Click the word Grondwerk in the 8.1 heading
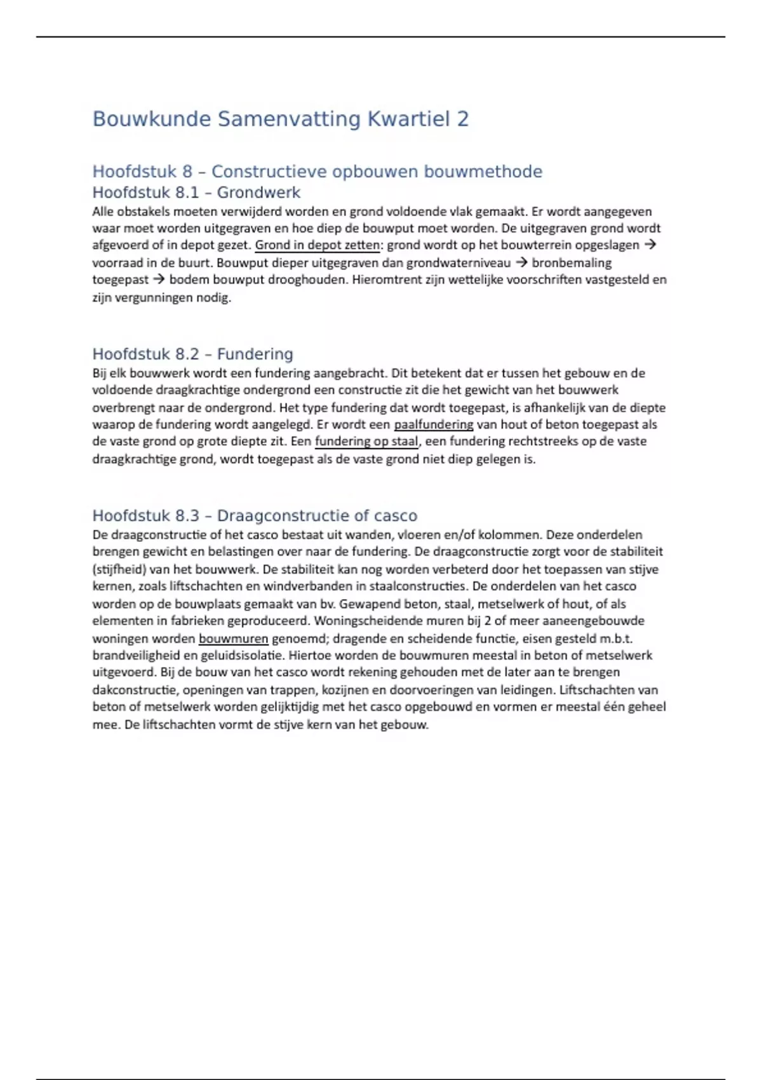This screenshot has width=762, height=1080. (x=258, y=192)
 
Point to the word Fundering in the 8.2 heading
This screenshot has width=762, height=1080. (x=255, y=354)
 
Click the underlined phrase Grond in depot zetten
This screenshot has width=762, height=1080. (x=317, y=245)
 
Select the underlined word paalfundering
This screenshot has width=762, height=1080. (x=434, y=424)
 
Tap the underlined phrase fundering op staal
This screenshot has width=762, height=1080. (x=366, y=442)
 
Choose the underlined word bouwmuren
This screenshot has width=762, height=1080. (x=234, y=638)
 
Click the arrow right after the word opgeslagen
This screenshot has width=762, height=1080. (x=650, y=245)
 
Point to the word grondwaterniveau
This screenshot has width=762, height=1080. (x=458, y=262)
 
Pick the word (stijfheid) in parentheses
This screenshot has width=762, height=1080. (x=119, y=569)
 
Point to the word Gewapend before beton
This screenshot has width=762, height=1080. (x=370, y=604)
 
